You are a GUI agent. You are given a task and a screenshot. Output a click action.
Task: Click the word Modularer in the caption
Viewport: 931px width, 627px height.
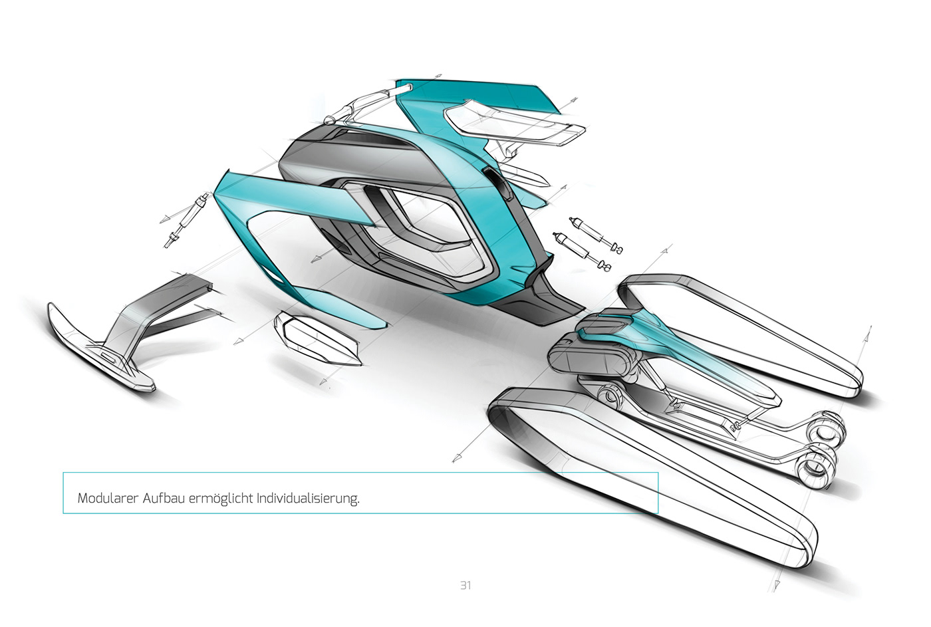[x=108, y=498]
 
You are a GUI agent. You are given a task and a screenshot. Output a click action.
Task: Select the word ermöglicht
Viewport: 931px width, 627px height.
[x=221, y=499]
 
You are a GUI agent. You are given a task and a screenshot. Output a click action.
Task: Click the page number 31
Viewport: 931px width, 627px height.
[x=465, y=585]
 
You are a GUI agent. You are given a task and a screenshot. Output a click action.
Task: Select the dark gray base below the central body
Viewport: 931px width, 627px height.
[x=545, y=299]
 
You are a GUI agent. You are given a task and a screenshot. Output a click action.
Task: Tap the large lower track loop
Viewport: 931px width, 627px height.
[x=652, y=479]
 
